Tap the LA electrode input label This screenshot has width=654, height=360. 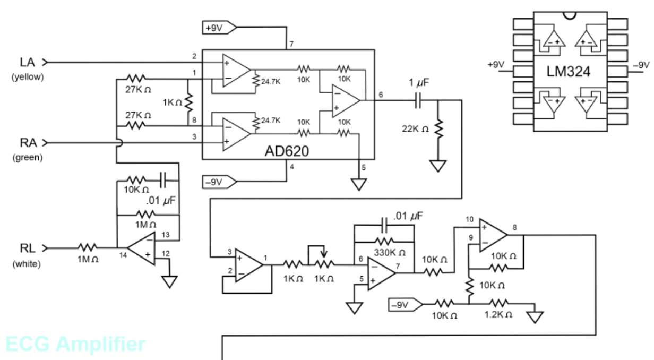[27, 62]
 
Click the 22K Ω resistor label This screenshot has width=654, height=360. [416, 128]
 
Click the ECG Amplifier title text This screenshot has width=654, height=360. [75, 344]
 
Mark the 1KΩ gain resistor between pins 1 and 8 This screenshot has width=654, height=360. [189, 101]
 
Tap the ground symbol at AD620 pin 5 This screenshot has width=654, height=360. [359, 184]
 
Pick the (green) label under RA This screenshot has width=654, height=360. [27, 158]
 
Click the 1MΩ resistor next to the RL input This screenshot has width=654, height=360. [88, 247]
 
